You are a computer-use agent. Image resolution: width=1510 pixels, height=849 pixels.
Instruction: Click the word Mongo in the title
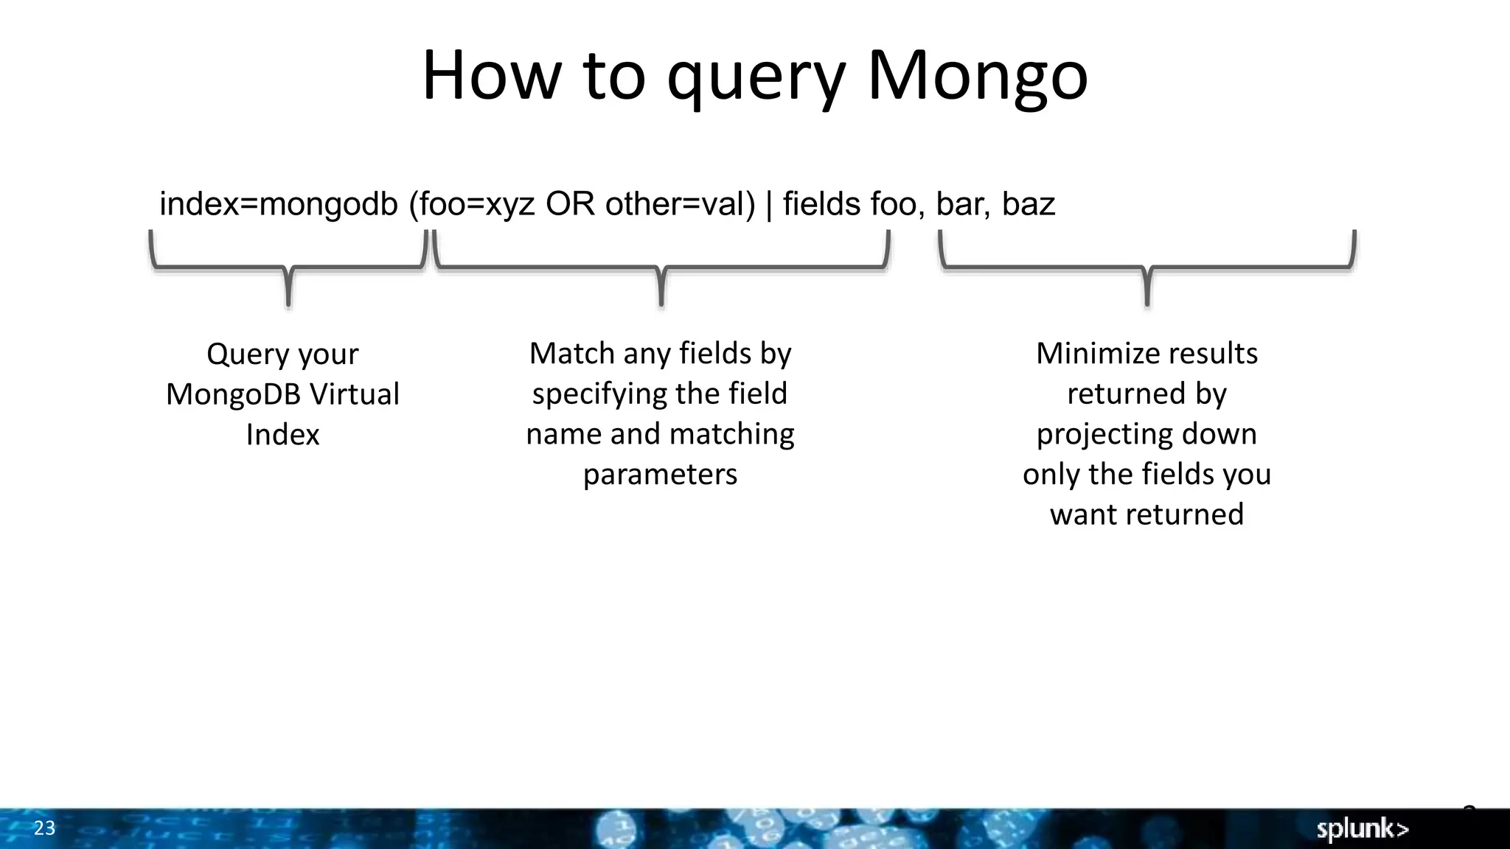[x=977, y=76]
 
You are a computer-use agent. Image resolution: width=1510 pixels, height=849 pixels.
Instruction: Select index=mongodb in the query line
[x=279, y=204]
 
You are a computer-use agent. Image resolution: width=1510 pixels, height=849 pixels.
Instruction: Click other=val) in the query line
[x=680, y=204]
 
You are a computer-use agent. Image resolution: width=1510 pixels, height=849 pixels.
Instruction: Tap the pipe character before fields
[x=769, y=204]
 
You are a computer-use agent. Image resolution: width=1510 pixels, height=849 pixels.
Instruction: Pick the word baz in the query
[x=1029, y=204]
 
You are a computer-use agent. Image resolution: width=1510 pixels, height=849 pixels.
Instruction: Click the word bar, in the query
[x=963, y=204]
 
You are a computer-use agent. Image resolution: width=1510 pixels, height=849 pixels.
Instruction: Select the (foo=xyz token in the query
[x=472, y=204]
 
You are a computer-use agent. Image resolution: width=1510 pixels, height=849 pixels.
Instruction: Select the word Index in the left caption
[x=282, y=435]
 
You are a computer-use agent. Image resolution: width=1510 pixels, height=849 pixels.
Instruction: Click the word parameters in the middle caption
[x=660, y=475]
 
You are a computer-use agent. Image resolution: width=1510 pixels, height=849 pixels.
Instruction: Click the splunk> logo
[x=1363, y=829]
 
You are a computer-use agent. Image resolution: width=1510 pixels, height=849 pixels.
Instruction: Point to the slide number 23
[x=44, y=828]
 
